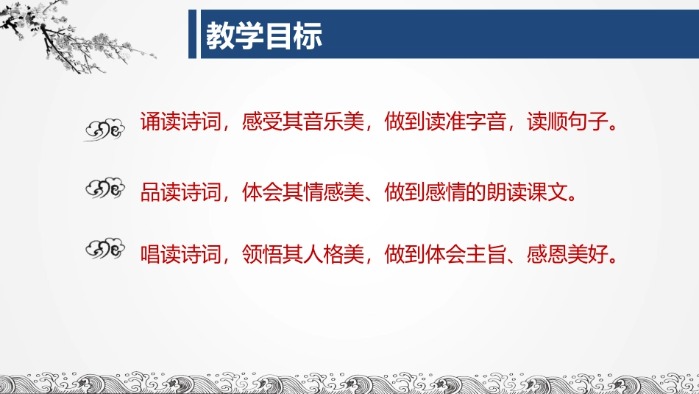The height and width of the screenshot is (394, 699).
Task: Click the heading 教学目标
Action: (263, 35)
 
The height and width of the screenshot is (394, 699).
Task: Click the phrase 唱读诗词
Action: (181, 255)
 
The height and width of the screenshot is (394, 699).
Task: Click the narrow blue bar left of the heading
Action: (193, 34)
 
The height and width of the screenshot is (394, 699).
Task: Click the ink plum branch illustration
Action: (66, 33)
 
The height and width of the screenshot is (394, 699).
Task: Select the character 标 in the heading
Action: (308, 35)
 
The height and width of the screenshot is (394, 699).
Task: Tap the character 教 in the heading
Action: (220, 35)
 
